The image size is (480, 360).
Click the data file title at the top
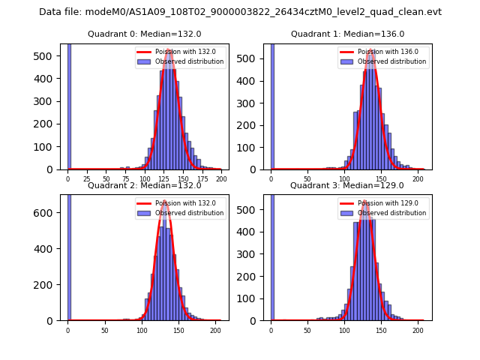point(240,12)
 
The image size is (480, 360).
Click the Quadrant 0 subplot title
point(144,34)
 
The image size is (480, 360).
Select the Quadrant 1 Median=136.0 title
point(347,34)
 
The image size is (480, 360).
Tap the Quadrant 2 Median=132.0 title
point(144,185)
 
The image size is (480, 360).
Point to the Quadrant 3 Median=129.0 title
point(347,185)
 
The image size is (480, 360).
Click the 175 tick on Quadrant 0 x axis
point(202,179)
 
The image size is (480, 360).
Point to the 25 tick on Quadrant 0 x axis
point(87,179)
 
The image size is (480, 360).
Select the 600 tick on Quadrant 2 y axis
point(48,213)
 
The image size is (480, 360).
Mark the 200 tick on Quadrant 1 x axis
point(417,179)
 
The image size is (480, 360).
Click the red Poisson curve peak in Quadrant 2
point(165,201)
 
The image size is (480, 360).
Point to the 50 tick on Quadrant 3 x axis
point(308,331)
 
